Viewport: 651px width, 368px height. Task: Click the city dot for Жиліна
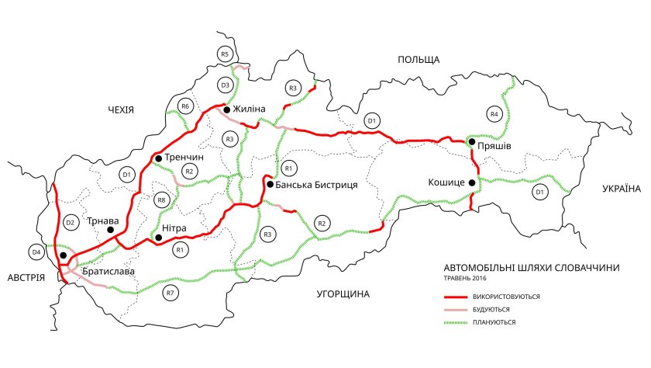point(226,110)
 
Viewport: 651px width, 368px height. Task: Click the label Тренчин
point(185,158)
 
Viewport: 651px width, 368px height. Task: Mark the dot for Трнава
point(111,230)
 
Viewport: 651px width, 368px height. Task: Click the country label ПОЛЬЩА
point(418,60)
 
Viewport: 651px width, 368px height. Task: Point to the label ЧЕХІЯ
point(122,110)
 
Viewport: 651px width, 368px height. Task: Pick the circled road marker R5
point(225,54)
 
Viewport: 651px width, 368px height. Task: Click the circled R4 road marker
point(494,115)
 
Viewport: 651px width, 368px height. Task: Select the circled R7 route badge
point(170,293)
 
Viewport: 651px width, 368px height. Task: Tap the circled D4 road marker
point(36,252)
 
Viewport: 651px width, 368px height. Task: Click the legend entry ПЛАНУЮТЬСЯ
point(492,321)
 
